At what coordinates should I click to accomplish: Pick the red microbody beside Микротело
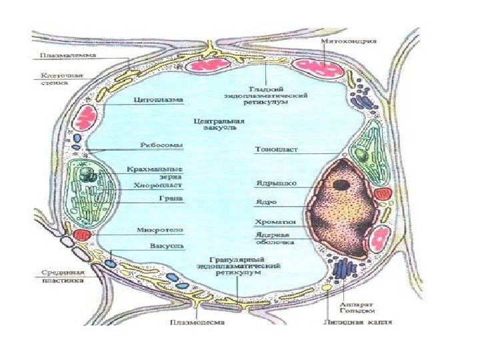coord(81,235)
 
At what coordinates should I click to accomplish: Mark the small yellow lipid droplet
coord(327,287)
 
